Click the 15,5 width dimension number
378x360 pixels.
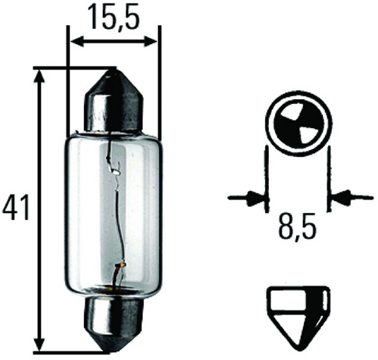pos(113,17)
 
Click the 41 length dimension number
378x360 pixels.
pos(16,208)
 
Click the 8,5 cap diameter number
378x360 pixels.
pos(297,225)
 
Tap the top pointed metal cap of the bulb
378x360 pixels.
pos(114,101)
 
